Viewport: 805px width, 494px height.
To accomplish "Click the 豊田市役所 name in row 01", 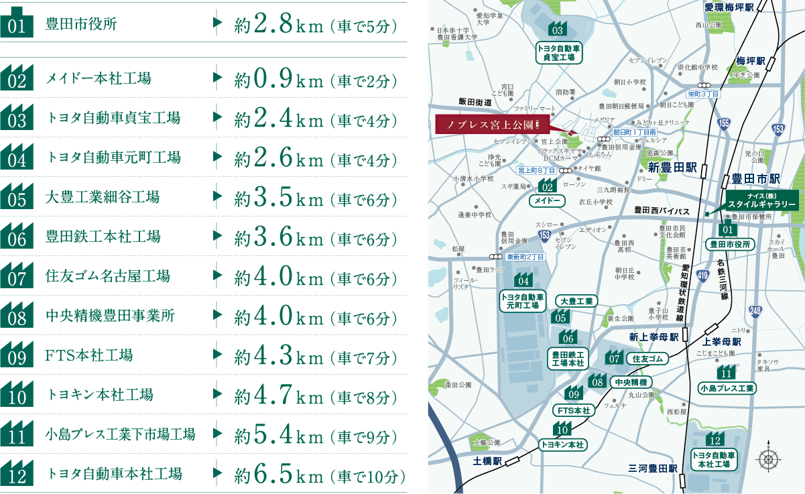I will pos(80,25).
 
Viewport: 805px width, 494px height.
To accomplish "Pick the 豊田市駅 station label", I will pos(756,179).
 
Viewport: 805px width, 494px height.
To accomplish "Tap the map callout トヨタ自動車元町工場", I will pos(522,301).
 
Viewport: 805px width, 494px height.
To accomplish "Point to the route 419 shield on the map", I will pos(702,274).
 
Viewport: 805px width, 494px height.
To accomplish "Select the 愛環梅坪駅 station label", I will pos(729,7).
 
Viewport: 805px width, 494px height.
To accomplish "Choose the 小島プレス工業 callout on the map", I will pos(727,388).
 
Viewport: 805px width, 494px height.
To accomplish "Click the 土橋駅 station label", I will pos(487,462).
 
